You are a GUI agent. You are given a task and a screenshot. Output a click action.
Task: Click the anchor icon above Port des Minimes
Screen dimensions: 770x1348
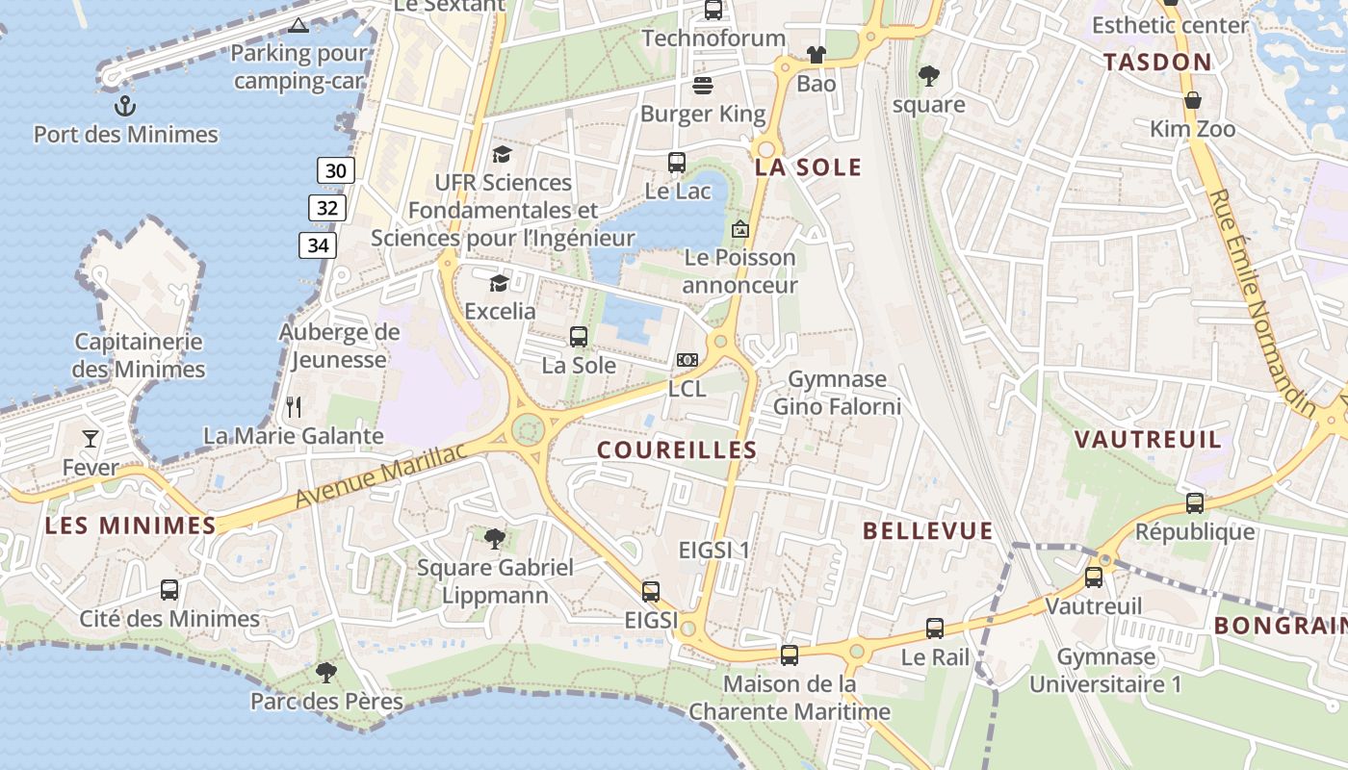pyautogui.click(x=124, y=105)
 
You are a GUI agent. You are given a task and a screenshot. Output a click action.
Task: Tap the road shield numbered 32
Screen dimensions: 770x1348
pyautogui.click(x=327, y=208)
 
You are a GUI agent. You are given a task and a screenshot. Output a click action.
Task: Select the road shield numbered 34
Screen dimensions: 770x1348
pyautogui.click(x=318, y=245)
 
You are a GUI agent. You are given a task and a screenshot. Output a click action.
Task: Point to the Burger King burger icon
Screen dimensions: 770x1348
pyautogui.click(x=703, y=86)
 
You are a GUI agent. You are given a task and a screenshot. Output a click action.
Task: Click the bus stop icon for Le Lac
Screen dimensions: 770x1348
pyautogui.click(x=677, y=163)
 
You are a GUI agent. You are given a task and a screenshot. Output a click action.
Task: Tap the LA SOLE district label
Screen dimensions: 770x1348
pyautogui.click(x=808, y=167)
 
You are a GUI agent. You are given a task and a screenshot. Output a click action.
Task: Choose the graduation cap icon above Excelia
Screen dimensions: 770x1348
pyautogui.click(x=499, y=283)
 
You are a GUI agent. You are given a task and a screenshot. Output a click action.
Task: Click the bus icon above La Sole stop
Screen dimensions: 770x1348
pyautogui.click(x=579, y=337)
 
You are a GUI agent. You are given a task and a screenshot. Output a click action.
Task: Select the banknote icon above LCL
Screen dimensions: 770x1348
pyautogui.click(x=687, y=360)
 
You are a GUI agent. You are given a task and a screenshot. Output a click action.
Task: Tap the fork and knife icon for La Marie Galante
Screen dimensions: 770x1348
pyautogui.click(x=294, y=407)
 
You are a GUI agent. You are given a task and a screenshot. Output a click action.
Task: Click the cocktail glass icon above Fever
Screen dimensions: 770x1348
pyautogui.click(x=91, y=439)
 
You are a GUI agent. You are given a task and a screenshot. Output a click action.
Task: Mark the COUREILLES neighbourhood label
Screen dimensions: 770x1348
pyautogui.click(x=677, y=450)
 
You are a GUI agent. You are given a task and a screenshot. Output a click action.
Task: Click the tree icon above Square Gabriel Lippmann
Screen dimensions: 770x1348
pyautogui.click(x=495, y=538)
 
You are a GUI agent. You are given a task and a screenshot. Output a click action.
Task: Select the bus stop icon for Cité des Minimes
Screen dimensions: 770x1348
pyautogui.click(x=169, y=590)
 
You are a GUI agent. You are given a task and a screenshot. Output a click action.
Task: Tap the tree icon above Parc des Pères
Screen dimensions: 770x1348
pyautogui.click(x=326, y=672)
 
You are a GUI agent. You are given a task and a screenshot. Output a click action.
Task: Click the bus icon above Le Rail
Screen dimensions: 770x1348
pyautogui.click(x=935, y=629)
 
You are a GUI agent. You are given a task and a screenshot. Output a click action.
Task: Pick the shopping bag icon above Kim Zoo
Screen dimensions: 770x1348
pyautogui.click(x=1192, y=100)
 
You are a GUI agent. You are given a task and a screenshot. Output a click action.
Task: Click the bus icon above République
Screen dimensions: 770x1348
pyautogui.click(x=1195, y=502)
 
